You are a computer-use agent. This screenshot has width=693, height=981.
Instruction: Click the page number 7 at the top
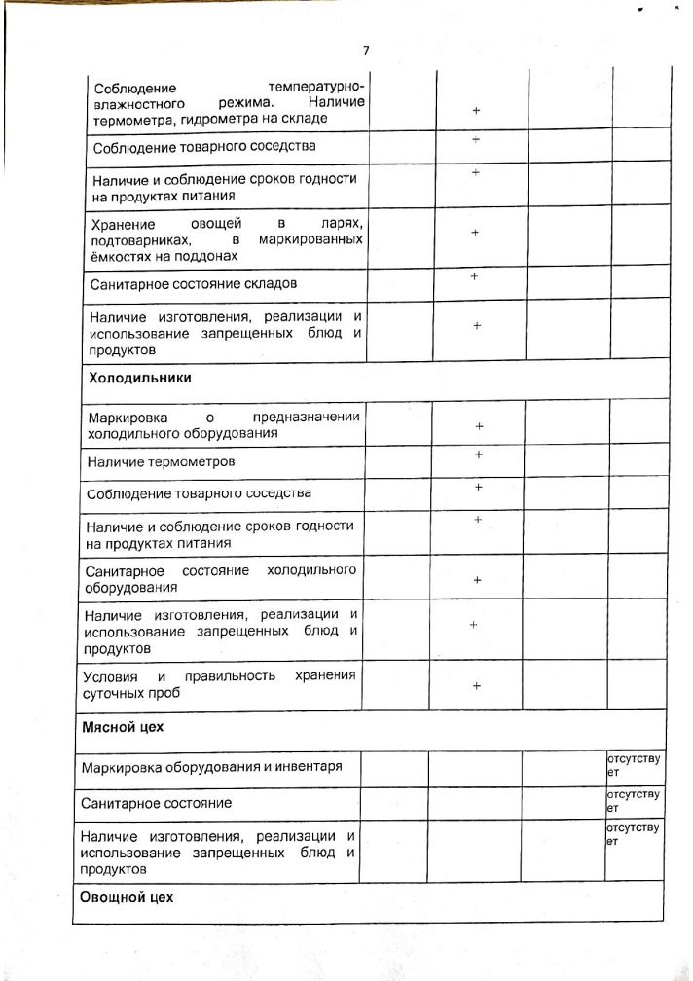coord(366,51)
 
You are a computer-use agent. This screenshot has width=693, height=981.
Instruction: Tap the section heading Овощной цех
coord(127,897)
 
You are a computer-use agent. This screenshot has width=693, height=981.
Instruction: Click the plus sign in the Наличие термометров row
coord(478,454)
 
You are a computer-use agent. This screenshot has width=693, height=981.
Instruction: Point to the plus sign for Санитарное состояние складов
coord(474,276)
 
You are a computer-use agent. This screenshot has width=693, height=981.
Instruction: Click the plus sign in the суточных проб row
coord(477,686)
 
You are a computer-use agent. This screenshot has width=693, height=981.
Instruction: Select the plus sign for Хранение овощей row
coord(476,234)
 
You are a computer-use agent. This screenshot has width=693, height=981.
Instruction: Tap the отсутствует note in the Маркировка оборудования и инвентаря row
coord(633,763)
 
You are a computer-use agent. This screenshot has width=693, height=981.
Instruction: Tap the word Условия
coord(110,676)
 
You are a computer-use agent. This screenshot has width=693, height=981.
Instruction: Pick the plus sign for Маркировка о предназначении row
coord(479,427)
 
